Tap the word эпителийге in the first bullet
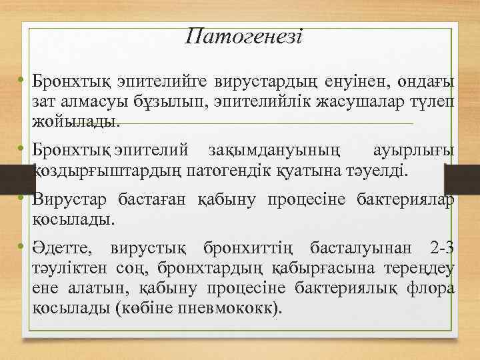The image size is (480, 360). point(163,82)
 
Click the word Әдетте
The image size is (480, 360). point(67,249)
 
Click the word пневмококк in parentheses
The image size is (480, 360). point(234,309)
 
